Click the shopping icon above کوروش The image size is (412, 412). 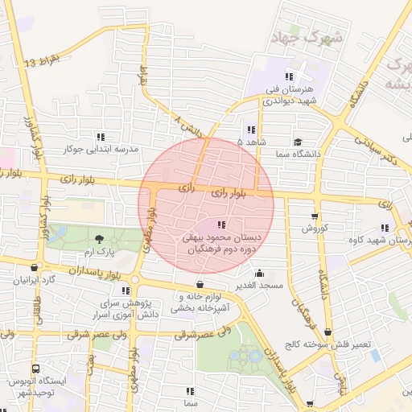(x=315, y=216)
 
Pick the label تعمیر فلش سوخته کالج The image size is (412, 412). (x=328, y=344)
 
